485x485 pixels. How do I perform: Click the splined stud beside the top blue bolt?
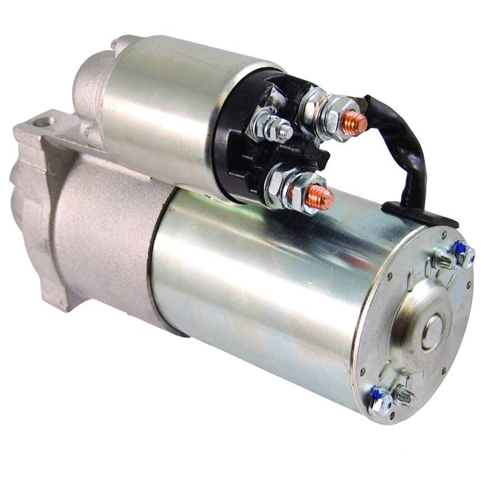(445, 257)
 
